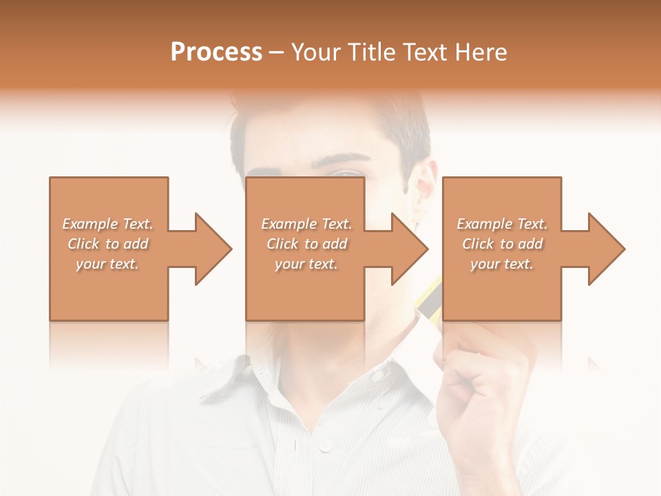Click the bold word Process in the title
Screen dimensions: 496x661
point(216,52)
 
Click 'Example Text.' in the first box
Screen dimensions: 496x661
point(107,224)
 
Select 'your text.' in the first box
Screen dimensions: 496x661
point(107,264)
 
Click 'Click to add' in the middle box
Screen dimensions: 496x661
point(306,244)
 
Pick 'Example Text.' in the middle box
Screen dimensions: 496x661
point(306,224)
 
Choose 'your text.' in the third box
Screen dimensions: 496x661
point(502,264)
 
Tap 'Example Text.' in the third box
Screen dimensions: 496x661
point(502,224)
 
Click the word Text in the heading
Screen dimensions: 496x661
point(424,52)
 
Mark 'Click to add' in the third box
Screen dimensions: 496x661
point(502,244)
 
